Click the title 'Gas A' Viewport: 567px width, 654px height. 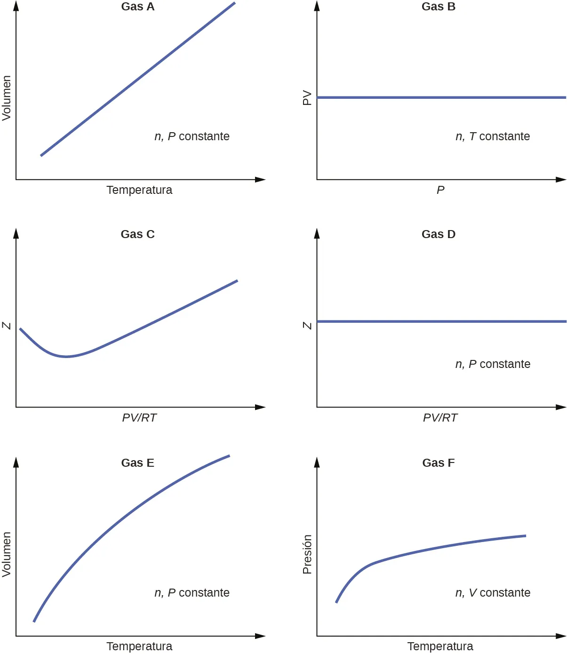tap(137, 7)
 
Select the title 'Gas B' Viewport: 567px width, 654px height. tap(438, 7)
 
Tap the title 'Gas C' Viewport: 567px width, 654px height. tap(137, 234)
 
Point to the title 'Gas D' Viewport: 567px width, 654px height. tap(438, 234)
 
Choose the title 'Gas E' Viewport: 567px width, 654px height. tap(137, 463)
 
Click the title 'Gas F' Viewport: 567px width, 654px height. tap(438, 463)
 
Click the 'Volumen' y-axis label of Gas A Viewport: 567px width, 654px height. tap(7, 98)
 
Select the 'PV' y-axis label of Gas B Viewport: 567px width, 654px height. tap(307, 98)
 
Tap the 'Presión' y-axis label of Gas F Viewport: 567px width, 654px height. tap(307, 554)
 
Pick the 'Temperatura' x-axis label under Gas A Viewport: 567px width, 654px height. tap(139, 190)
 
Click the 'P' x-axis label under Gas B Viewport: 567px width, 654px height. tap(440, 190)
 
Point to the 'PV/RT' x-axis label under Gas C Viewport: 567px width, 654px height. tap(139, 418)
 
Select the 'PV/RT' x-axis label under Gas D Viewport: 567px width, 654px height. tap(440, 418)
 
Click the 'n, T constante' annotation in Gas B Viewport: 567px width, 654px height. tap(493, 136)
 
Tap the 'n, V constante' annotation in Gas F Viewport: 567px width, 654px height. tap(493, 593)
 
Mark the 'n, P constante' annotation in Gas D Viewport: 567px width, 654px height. tap(493, 364)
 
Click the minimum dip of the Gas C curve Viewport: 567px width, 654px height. tap(66, 357)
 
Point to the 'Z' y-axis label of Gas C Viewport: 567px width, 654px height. tap(7, 326)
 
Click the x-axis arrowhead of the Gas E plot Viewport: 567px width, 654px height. tap(260, 636)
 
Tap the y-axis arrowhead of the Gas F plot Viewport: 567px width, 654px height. tap(317, 462)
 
